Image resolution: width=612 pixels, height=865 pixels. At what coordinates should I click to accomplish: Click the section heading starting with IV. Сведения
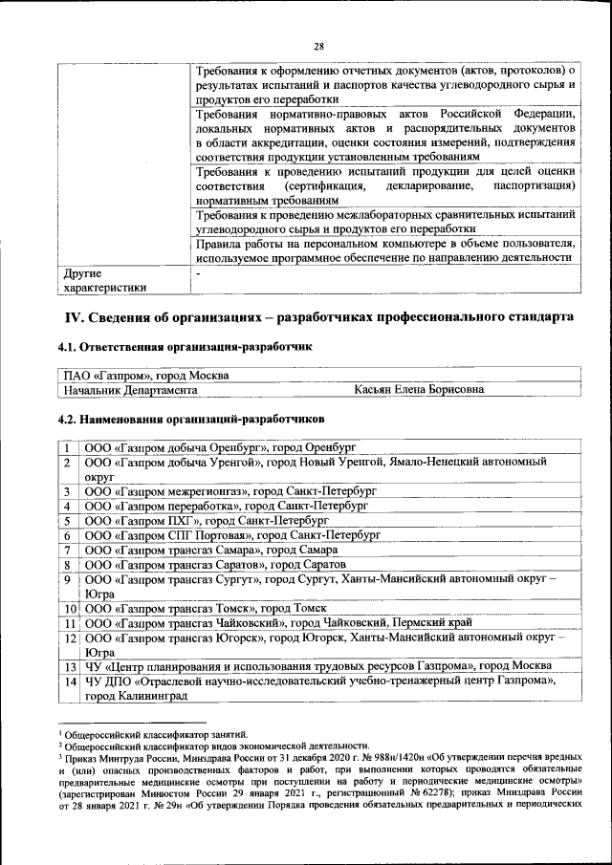[x=319, y=316]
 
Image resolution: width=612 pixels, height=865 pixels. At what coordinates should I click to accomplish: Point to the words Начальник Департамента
[x=130, y=390]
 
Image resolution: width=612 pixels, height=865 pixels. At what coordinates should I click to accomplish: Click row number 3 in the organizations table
[x=69, y=491]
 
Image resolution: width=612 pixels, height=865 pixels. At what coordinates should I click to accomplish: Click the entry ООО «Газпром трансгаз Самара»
[x=211, y=551]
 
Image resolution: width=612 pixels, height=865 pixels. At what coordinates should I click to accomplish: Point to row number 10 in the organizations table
[x=70, y=609]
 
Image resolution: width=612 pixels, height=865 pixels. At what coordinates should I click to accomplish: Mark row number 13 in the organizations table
[x=70, y=667]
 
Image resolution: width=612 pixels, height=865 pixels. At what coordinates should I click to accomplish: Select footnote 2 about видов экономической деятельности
[x=216, y=745]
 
